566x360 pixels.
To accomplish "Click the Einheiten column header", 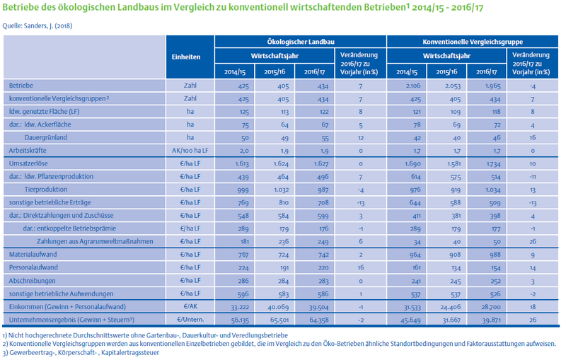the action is click(x=186, y=57).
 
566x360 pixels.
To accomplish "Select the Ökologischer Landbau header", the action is click(x=301, y=42).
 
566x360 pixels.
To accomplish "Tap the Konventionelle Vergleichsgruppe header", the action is click(x=473, y=42).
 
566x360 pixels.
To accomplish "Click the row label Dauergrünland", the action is click(x=46, y=137).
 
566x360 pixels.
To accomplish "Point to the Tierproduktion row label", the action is click(x=46, y=190).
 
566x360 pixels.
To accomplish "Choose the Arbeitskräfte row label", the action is click(x=28, y=151).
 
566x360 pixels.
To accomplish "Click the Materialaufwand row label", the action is click(x=33, y=255).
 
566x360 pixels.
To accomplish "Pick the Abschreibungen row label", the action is click(x=32, y=281).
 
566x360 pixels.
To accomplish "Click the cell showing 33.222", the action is click(x=240, y=307).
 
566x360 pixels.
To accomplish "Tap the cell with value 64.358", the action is click(x=319, y=320).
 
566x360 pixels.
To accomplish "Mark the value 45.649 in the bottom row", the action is click(x=410, y=320).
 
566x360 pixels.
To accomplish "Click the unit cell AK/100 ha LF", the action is click(x=190, y=151).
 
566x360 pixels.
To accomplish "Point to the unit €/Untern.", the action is click(x=190, y=320).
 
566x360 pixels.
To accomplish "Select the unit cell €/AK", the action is click(x=190, y=307).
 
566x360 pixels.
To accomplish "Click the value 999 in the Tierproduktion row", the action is click(x=243, y=190).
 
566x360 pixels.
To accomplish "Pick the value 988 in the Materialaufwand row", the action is click(x=495, y=255).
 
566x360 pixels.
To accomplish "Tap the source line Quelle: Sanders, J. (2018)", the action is click(x=37, y=26).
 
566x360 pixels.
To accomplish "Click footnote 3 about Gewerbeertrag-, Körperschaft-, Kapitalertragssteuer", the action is click(x=81, y=353).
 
